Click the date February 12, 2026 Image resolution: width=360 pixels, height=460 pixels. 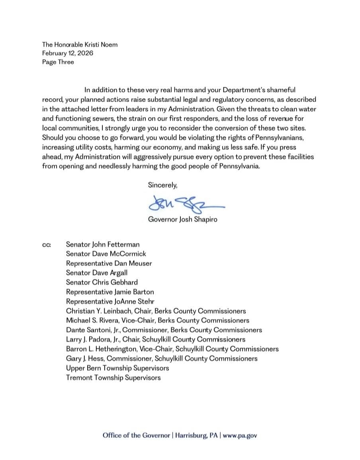[x=68, y=53]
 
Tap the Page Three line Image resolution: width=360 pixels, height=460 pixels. [x=58, y=62]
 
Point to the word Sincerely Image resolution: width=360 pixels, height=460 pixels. [x=162, y=185]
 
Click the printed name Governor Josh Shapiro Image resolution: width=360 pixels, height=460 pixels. [x=182, y=219]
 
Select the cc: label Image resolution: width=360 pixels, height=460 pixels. [x=47, y=245]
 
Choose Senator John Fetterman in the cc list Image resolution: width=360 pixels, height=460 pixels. [x=103, y=244]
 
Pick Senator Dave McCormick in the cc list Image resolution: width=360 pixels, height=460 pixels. [x=106, y=254]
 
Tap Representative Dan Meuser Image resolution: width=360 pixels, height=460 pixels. [x=109, y=263]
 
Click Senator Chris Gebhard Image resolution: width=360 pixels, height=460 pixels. [x=102, y=282]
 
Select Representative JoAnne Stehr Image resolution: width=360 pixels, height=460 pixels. [x=110, y=301]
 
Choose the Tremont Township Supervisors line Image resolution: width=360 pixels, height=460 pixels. [x=113, y=377]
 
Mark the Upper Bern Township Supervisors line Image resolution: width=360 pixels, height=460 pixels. [x=117, y=368]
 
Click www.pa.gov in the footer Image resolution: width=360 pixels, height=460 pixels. [x=240, y=435]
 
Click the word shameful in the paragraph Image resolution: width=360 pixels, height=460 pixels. [x=281, y=90]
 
